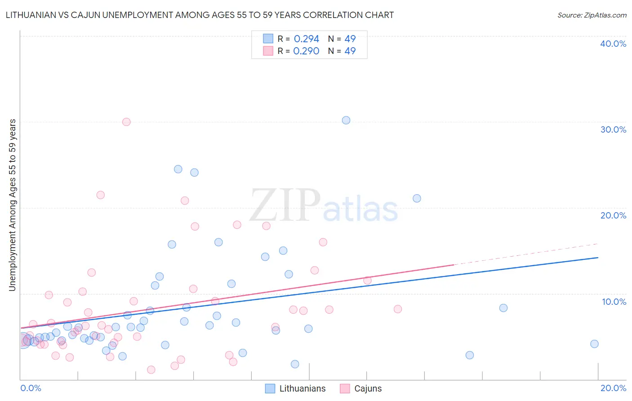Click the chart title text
[200, 15]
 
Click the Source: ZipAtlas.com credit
[592, 15]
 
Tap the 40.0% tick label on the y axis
[613, 44]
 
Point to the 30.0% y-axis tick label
[613, 129]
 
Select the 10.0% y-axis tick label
[614, 302]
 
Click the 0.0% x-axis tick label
[31, 388]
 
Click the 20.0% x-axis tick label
[613, 388]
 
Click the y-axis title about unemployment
[12, 205]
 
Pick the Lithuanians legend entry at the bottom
[295, 388]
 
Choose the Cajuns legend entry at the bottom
[361, 388]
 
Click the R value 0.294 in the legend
[306, 39]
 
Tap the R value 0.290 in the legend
[306, 51]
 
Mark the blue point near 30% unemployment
[346, 120]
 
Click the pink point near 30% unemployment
[126, 122]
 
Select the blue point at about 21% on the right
[417, 198]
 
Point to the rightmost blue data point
[594, 344]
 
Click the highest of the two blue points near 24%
[178, 169]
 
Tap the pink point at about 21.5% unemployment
[101, 195]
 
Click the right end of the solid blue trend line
[598, 258]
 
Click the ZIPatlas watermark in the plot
[324, 206]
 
